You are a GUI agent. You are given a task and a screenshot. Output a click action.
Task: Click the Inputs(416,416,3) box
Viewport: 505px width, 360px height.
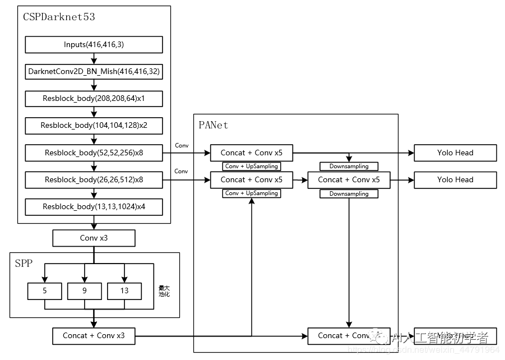click(94, 44)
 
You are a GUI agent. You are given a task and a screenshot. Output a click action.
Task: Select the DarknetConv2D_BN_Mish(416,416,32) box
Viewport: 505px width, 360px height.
click(94, 72)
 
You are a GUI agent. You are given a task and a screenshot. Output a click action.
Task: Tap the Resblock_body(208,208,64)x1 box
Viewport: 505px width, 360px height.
click(94, 99)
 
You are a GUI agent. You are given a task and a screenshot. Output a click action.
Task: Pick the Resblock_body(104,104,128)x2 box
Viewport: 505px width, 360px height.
click(94, 126)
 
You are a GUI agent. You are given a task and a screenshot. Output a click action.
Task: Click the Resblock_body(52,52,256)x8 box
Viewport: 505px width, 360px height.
click(94, 153)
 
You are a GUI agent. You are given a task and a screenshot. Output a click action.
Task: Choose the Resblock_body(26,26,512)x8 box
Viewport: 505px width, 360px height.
click(94, 180)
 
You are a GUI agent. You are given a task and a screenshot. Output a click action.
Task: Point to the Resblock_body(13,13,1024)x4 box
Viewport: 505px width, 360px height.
click(94, 207)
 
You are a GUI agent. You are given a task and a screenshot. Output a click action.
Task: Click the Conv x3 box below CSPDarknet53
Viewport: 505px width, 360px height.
click(94, 238)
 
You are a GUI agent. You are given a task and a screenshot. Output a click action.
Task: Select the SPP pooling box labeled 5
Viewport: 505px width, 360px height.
click(45, 291)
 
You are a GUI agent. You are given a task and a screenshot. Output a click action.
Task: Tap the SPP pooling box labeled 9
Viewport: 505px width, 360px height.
click(85, 291)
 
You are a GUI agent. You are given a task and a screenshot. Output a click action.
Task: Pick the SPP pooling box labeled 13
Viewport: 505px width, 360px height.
click(124, 291)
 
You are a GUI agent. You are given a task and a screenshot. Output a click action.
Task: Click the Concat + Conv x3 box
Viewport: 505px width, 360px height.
click(94, 336)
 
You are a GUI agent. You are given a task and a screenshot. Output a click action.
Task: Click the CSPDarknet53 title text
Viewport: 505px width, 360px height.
click(59, 17)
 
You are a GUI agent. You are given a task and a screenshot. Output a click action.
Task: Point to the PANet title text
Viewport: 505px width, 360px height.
click(214, 125)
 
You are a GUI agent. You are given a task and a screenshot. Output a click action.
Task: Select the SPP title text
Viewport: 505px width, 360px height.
click(24, 263)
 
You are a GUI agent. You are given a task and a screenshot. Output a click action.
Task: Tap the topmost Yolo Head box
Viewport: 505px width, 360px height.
click(455, 153)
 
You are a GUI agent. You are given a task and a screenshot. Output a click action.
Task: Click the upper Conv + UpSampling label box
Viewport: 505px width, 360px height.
click(251, 166)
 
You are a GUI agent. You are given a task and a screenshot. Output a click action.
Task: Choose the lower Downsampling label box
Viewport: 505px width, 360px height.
click(349, 193)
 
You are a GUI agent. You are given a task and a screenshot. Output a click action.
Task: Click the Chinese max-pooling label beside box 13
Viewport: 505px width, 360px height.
click(164, 291)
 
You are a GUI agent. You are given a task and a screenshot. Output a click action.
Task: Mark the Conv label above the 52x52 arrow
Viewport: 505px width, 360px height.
click(182, 145)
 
